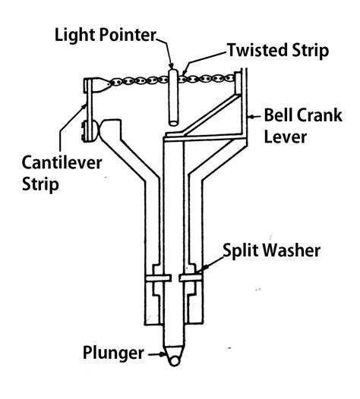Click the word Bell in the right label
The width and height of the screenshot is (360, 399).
[x=276, y=118]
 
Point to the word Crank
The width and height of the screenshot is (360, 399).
[x=312, y=118]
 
